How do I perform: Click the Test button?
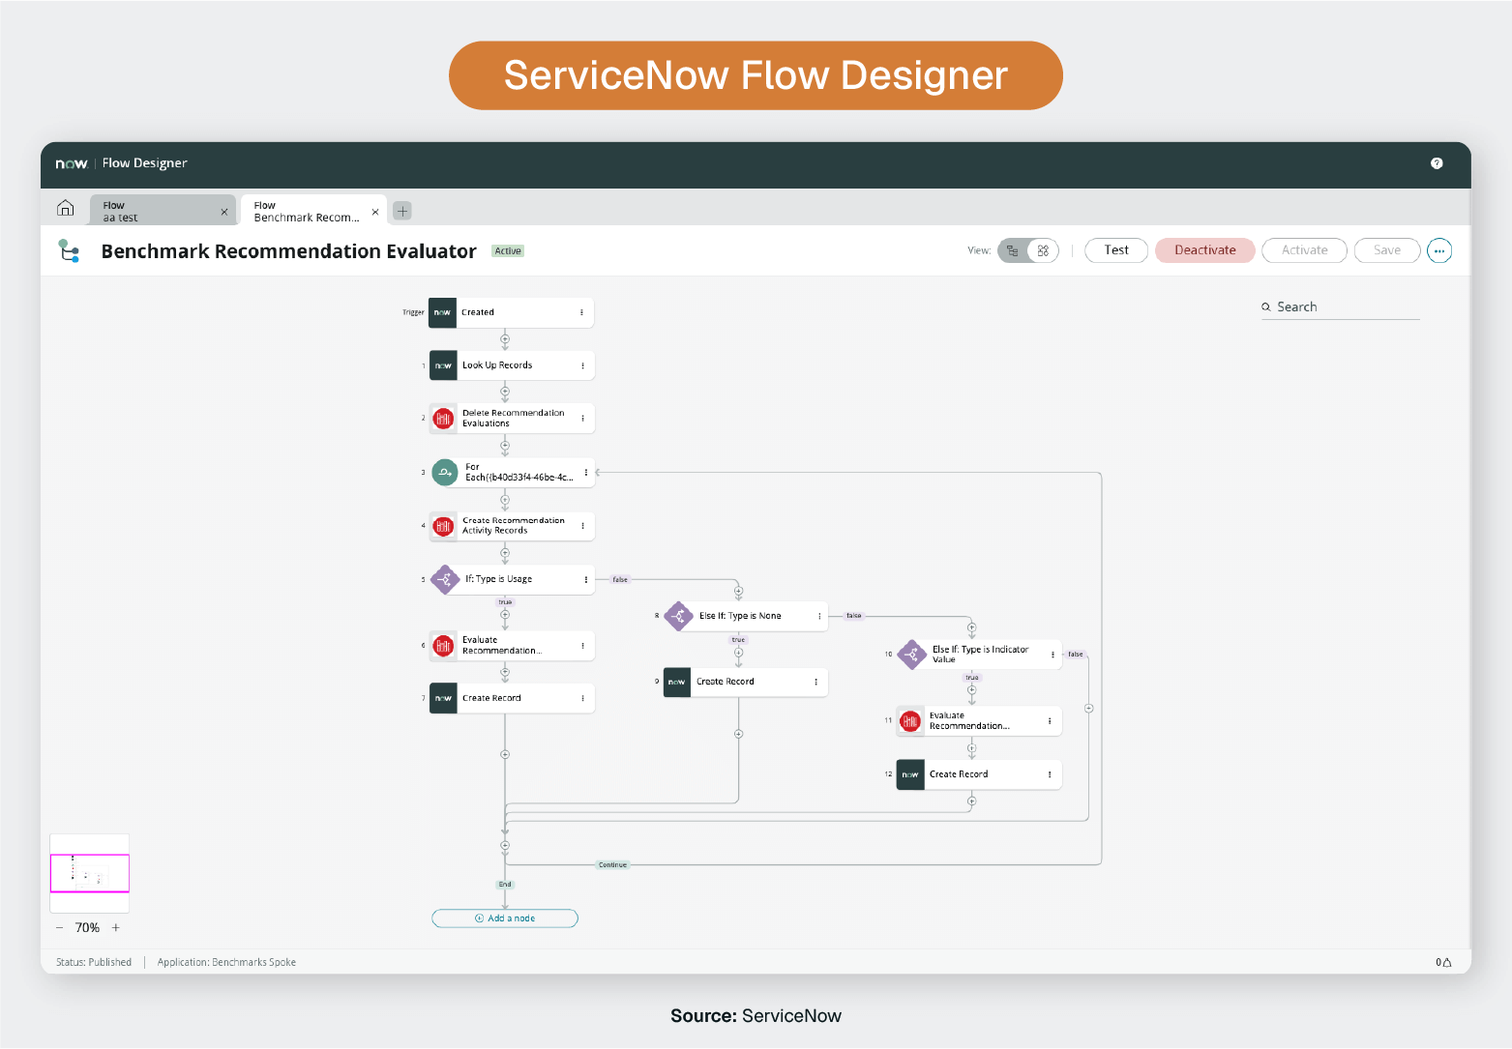1115,250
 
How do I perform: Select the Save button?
1386,250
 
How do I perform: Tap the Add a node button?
505,918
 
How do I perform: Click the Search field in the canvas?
1340,307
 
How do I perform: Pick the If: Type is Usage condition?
513,579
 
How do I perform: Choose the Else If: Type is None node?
745,616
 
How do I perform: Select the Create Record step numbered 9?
745,682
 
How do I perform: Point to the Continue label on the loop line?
612,864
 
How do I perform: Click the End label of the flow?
505,885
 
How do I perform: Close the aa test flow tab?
224,212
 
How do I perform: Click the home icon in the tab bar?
66,208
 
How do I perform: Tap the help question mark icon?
1437,163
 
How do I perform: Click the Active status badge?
508,251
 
